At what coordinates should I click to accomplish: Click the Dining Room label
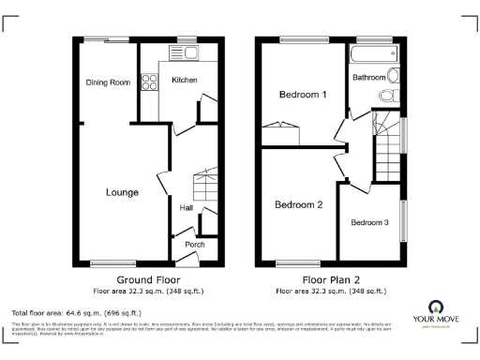pyautogui.click(x=108, y=82)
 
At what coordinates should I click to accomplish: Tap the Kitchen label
pyautogui.click(x=185, y=81)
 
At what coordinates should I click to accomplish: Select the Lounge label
pyautogui.click(x=122, y=192)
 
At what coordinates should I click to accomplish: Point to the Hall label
pyautogui.click(x=186, y=208)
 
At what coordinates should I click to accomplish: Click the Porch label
pyautogui.click(x=194, y=245)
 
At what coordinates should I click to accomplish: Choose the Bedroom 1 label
pyautogui.click(x=303, y=95)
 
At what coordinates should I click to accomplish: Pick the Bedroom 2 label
pyautogui.click(x=298, y=204)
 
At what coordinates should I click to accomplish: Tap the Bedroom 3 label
pyautogui.click(x=369, y=222)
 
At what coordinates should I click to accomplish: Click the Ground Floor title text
pyautogui.click(x=148, y=280)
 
